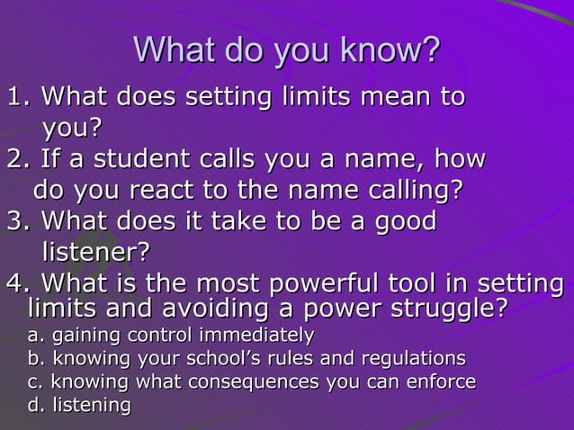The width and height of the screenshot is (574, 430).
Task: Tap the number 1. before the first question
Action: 20,95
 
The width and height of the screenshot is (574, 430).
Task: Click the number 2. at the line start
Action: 20,159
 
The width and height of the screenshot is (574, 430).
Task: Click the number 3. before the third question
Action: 20,220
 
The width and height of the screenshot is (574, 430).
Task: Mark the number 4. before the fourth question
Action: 20,283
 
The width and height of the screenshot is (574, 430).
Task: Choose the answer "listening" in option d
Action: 91,405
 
